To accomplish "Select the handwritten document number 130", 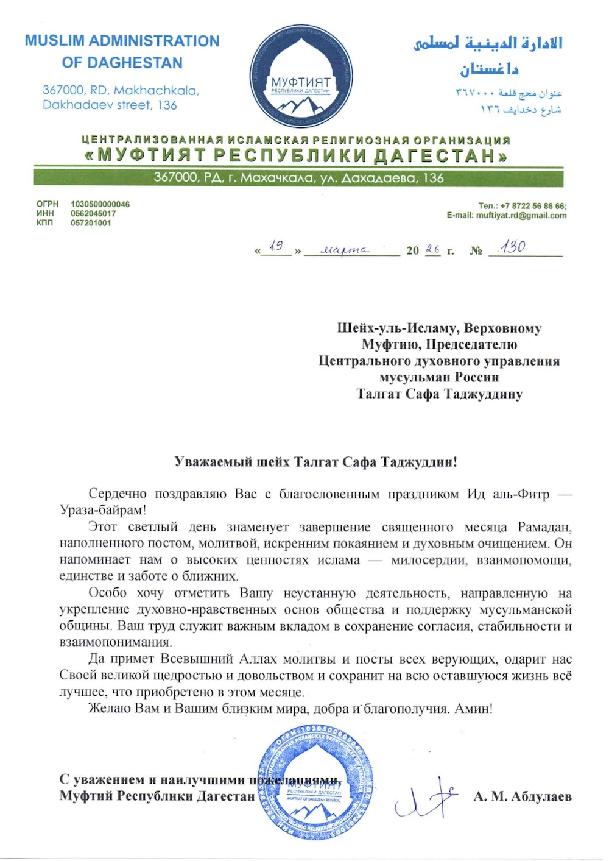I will pyautogui.click(x=512, y=247).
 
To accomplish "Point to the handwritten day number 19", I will pyautogui.click(x=276, y=246).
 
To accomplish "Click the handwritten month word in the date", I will pyautogui.click(x=345, y=250).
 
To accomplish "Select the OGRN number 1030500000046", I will pyautogui.click(x=100, y=204).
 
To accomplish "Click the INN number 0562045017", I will pyautogui.click(x=93, y=213).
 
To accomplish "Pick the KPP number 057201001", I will pyautogui.click(x=91, y=223).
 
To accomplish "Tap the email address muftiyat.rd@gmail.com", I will pyautogui.click(x=521, y=215).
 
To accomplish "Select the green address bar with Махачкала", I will pyautogui.click(x=298, y=178).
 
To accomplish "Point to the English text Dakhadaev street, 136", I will pyautogui.click(x=110, y=105).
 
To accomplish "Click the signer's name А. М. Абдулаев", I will pyautogui.click(x=523, y=796).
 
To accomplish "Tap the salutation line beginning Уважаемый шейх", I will pyautogui.click(x=315, y=461).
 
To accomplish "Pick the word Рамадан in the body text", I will pyautogui.click(x=544, y=526).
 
